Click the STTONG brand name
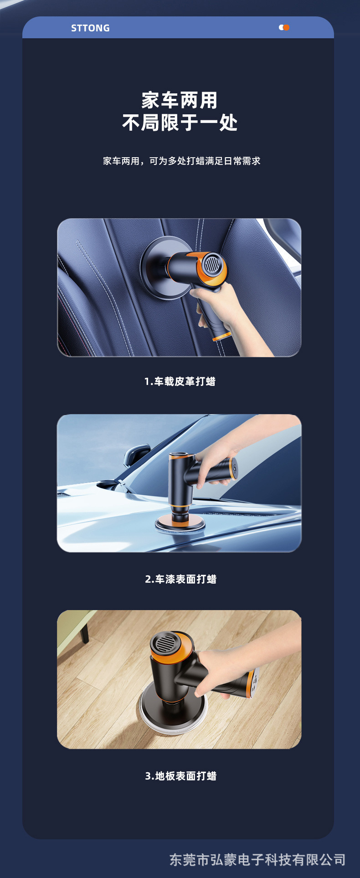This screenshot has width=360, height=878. tap(90, 28)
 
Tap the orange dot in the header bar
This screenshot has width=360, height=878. tap(286, 27)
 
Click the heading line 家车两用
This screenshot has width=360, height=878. tap(180, 101)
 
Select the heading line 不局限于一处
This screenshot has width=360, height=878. tap(180, 123)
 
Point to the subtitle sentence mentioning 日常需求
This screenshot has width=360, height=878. tap(181, 161)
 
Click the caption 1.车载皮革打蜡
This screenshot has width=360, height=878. tap(180, 381)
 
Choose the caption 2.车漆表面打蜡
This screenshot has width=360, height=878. tap(180, 579)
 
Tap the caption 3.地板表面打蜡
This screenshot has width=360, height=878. tap(180, 776)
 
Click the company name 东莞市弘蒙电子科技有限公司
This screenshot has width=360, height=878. tap(257, 860)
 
